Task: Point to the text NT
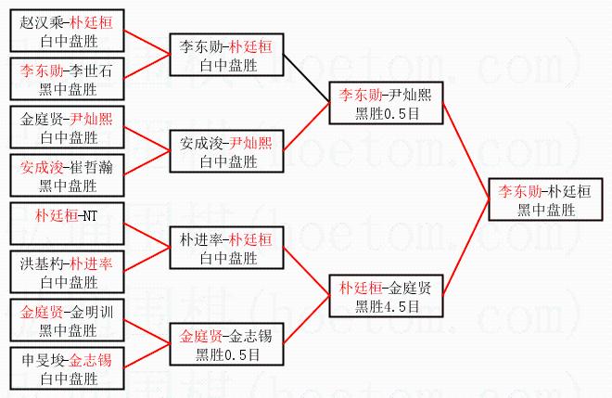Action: coord(89,216)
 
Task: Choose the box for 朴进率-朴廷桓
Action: coord(226,248)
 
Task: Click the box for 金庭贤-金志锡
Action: coord(226,344)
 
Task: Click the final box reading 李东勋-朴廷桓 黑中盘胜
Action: coord(546,199)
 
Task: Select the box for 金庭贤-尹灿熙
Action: coord(67,128)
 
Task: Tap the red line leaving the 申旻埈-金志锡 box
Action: coord(147,357)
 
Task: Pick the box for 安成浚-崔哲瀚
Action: coord(67,177)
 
